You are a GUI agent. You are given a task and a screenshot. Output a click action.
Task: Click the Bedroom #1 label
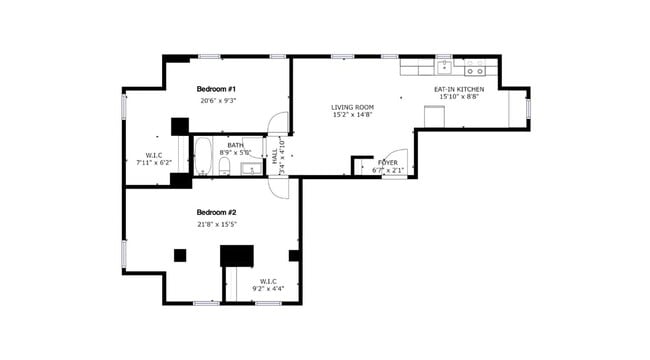pyautogui.click(x=216, y=89)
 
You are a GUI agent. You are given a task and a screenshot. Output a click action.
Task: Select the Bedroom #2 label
pyautogui.click(x=216, y=212)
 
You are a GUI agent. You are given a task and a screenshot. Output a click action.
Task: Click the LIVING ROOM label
pyautogui.click(x=353, y=107)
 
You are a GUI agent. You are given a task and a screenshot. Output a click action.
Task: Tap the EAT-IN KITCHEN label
pyautogui.click(x=459, y=89)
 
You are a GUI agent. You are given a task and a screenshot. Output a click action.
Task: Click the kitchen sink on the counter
pyautogui.click(x=442, y=70)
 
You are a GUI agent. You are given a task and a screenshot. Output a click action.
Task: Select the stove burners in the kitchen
pyautogui.click(x=476, y=71)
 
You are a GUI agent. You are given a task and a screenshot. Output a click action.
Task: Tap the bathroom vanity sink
pyautogui.click(x=250, y=169)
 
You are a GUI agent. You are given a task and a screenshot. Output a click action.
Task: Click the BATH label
pyautogui.click(x=235, y=145)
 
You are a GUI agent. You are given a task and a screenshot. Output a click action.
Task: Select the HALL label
pyautogui.click(x=275, y=157)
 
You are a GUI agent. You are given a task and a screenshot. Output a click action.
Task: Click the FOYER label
pyautogui.click(x=387, y=161)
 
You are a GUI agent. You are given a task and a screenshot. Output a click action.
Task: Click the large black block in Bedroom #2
pyautogui.click(x=237, y=256)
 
